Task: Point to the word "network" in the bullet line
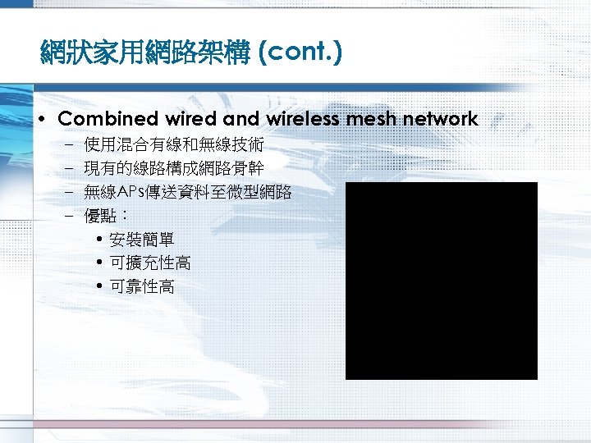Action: (438, 119)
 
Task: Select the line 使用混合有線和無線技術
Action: (174, 145)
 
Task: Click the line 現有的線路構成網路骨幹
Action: (174, 169)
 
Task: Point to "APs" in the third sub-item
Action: (131, 193)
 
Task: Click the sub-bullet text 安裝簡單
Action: (141, 240)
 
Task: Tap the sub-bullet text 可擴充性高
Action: (149, 263)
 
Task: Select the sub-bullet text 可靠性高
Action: (141, 287)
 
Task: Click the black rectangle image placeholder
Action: (441, 281)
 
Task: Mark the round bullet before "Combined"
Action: (42, 120)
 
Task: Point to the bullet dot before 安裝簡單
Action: (99, 240)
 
